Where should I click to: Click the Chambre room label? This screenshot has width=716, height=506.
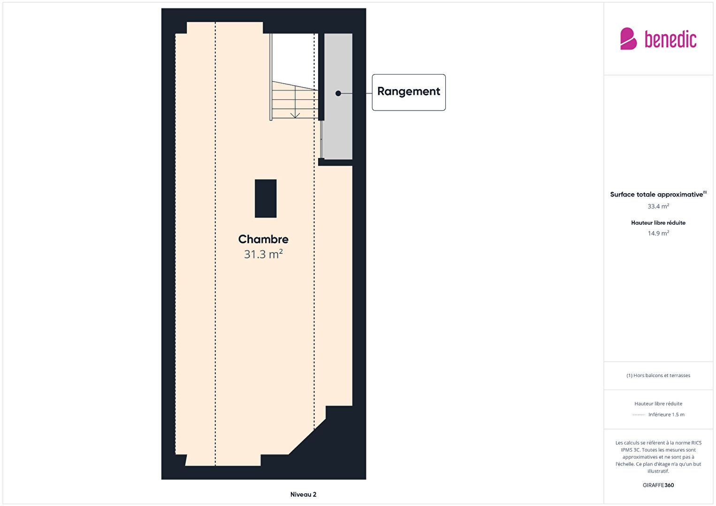tap(263, 239)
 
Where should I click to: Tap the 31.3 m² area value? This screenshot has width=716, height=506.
tap(263, 254)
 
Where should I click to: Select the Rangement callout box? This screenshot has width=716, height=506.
tap(409, 92)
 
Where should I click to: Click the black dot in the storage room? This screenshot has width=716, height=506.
tap(338, 93)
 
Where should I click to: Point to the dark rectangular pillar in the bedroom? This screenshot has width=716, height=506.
tap(265, 198)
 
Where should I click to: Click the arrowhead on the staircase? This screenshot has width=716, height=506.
tap(295, 115)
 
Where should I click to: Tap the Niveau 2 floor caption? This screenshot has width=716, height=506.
tap(303, 494)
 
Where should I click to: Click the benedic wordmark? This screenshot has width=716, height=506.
tap(670, 39)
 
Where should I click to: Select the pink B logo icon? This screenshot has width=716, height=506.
tap(628, 38)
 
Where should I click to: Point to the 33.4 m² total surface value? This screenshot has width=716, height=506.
tap(658, 206)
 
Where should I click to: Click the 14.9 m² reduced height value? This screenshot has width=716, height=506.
tap(658, 233)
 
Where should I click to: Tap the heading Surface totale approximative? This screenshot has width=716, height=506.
tap(656, 195)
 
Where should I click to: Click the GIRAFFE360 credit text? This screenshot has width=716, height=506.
tap(658, 485)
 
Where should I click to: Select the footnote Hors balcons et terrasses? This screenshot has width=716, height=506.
tap(658, 375)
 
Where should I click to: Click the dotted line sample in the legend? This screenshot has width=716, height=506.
tap(638, 415)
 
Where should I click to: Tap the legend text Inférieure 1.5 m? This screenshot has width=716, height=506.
tap(666, 415)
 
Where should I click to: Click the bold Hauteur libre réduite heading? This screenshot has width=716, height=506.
tap(658, 223)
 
